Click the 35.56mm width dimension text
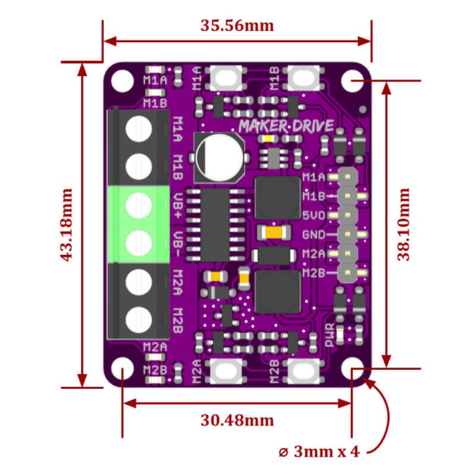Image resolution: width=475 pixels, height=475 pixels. (237, 26)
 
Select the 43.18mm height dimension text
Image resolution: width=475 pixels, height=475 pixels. (66, 224)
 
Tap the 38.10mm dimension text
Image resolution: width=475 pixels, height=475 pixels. (404, 224)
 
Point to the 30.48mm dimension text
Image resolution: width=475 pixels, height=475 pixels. (237, 420)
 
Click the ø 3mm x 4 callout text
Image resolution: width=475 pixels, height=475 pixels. (319, 451)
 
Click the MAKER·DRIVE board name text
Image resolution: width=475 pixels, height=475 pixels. (286, 126)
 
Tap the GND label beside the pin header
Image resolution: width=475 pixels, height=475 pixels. (313, 235)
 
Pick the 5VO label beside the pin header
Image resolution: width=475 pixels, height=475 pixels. (313, 216)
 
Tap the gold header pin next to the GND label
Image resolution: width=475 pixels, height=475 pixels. (347, 235)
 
